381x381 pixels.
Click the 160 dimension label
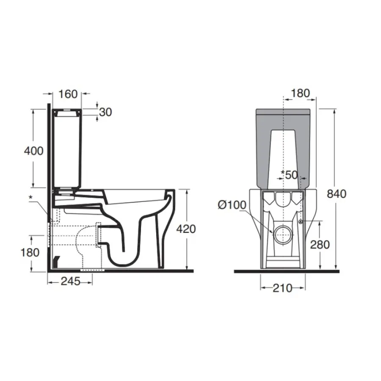(68, 94)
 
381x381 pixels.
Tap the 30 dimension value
(105, 112)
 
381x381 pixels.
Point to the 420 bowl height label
(186, 229)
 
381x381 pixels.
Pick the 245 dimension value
(69, 282)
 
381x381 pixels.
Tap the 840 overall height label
(337, 193)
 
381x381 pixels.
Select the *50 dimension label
(290, 174)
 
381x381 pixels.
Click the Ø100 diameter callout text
(232, 205)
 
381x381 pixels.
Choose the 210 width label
(282, 288)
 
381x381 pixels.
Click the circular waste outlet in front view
(282, 234)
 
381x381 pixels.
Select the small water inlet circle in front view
(301, 222)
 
